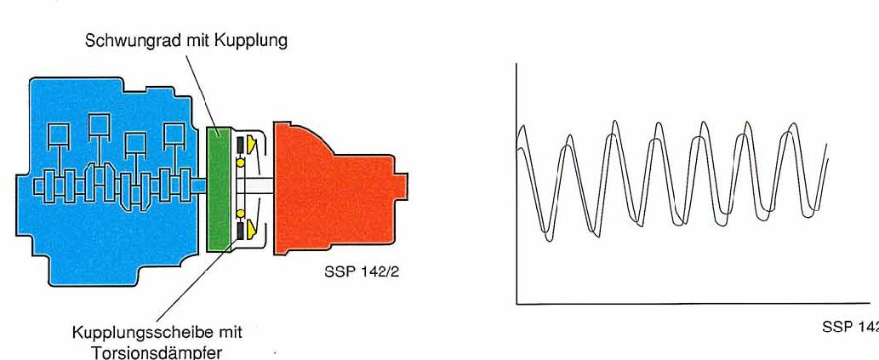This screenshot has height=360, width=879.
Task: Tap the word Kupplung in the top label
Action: (251, 41)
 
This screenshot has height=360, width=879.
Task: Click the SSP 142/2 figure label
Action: (362, 273)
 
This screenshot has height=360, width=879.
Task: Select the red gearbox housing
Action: (335, 188)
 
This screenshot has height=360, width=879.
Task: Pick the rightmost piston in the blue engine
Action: (174, 134)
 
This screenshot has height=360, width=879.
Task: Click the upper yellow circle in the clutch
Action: (241, 163)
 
